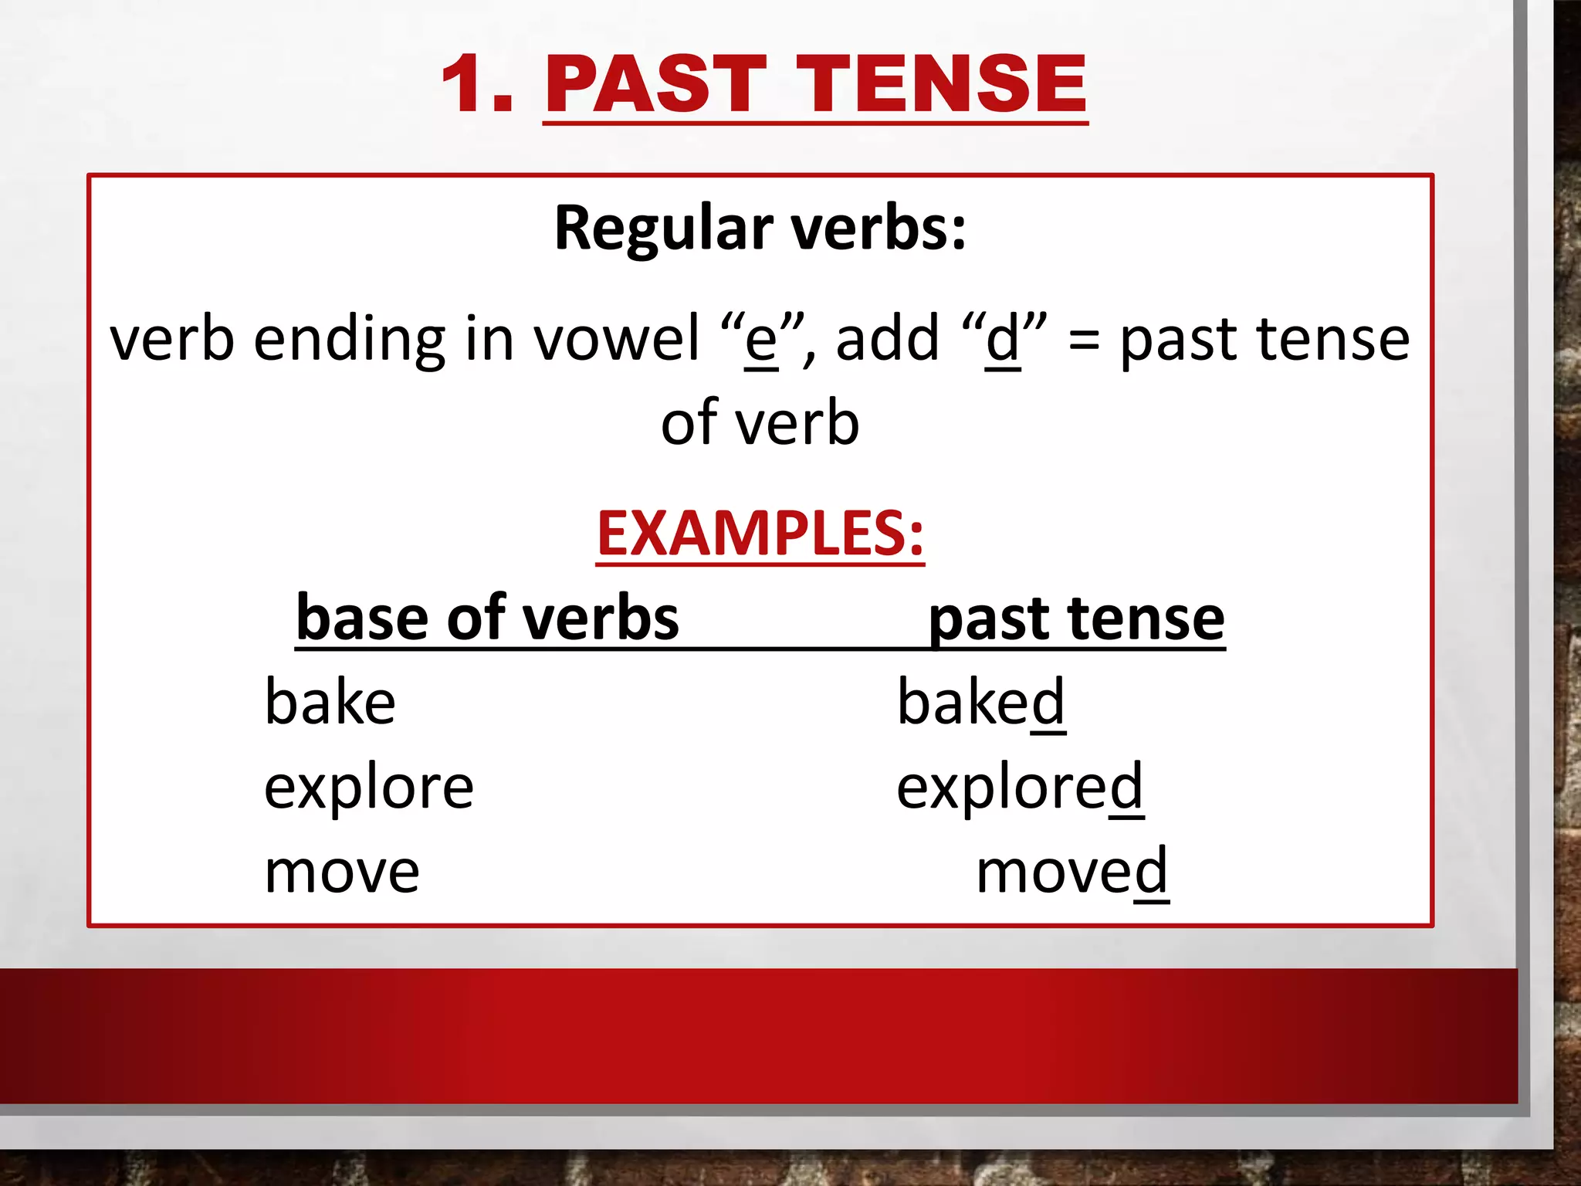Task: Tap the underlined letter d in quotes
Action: click(1003, 340)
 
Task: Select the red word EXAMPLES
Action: click(760, 534)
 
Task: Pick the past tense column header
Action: click(1076, 619)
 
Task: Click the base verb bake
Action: click(330, 703)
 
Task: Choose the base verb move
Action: click(341, 873)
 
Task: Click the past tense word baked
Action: click(980, 703)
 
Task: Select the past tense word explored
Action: click(1019, 788)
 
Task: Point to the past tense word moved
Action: click(1071, 873)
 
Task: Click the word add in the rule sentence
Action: click(887, 340)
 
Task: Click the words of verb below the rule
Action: click(760, 423)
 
